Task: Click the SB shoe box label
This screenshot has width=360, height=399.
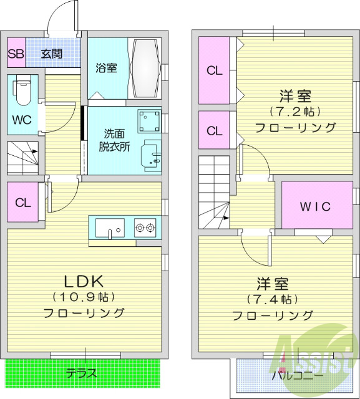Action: [16, 54]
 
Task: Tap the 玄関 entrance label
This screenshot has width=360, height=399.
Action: [52, 54]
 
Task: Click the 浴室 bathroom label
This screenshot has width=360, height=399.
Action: [106, 68]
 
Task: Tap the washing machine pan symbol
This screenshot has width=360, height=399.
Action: [149, 120]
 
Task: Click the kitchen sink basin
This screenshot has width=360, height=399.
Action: [110, 229]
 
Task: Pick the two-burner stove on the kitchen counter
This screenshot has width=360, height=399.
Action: [144, 228]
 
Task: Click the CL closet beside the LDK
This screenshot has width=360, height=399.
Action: [22, 203]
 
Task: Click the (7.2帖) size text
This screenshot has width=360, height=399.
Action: [295, 112]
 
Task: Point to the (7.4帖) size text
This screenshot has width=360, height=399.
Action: [273, 299]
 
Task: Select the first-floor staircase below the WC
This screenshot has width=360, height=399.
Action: [22, 158]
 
